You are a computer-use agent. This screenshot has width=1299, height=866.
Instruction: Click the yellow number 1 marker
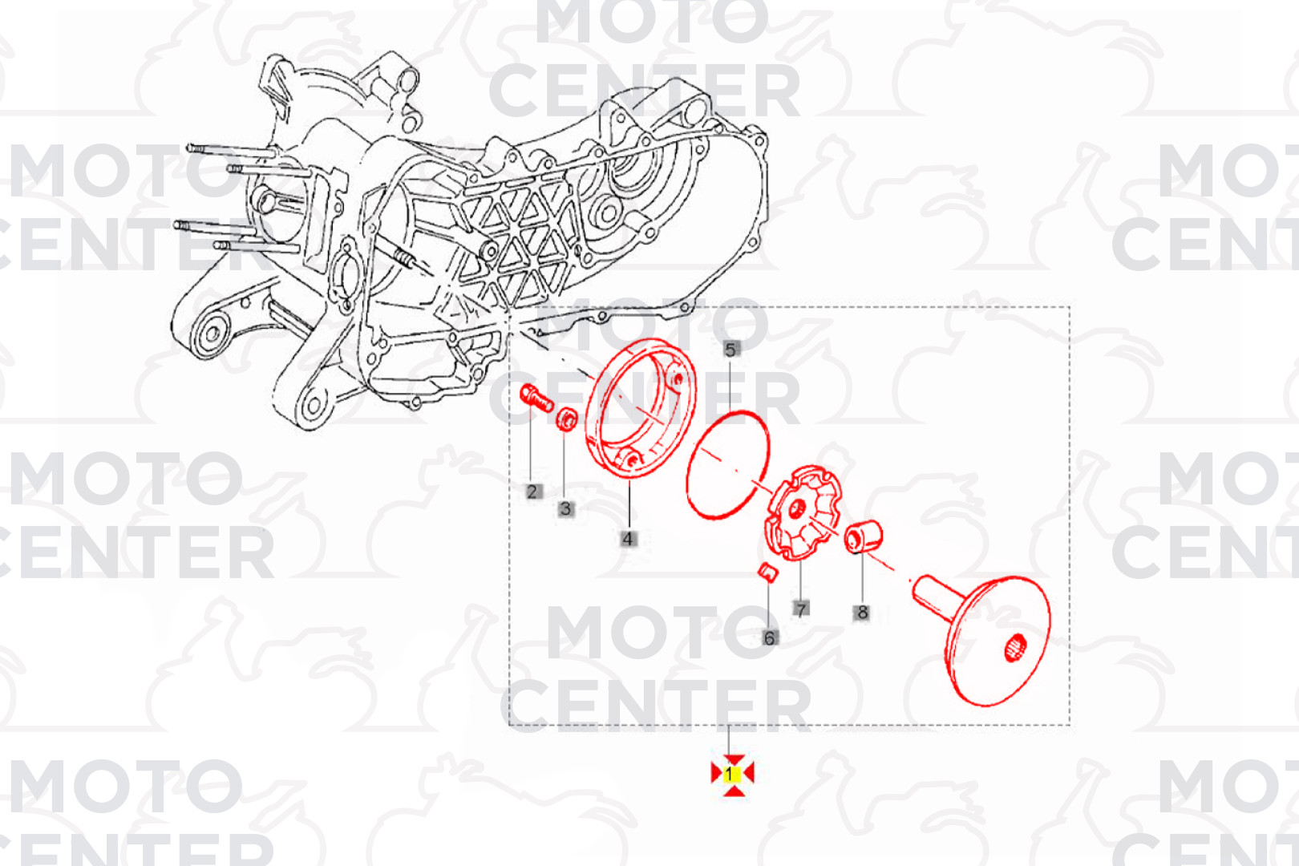[732, 775]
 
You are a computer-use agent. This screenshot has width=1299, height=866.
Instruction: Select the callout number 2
[532, 492]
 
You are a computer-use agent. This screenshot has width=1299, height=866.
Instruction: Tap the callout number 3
[566, 509]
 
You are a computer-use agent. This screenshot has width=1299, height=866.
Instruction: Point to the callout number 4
[628, 539]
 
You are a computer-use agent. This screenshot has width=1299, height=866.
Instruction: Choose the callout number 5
[730, 350]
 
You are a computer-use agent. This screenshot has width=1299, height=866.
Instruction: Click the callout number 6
[769, 638]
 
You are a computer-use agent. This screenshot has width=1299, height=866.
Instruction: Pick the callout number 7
[801, 609]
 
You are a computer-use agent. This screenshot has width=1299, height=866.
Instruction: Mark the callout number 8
[862, 612]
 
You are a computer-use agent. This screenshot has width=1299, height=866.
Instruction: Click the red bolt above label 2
[536, 398]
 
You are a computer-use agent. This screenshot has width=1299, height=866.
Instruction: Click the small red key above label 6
[768, 572]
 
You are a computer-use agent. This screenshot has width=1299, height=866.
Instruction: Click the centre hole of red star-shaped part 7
[797, 510]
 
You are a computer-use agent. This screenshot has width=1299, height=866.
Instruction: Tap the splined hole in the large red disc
[1015, 647]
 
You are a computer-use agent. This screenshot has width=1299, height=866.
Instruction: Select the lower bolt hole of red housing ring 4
[632, 461]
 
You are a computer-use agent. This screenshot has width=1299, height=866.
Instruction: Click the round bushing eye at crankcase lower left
[211, 334]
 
